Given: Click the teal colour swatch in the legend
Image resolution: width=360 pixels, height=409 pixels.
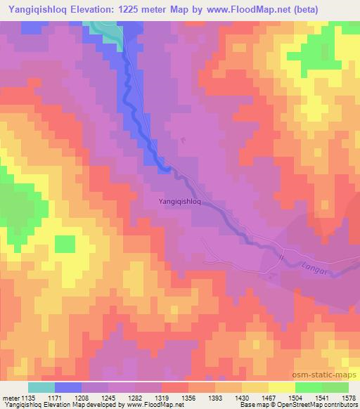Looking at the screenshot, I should pos(41,387).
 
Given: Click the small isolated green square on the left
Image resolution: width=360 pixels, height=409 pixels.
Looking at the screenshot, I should pos(65,244).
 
